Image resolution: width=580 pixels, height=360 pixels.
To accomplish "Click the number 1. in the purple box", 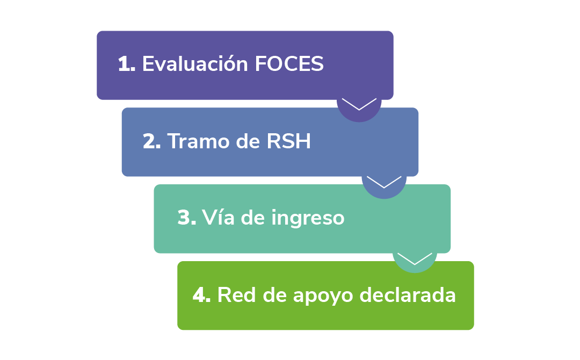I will point(127,64).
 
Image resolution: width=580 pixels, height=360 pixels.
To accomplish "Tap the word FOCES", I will point(289,64).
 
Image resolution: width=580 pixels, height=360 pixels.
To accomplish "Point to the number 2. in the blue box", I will point(152,141).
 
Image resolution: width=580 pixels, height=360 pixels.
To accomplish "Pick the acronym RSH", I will point(289,141).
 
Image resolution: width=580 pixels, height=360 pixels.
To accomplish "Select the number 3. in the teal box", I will point(186,218).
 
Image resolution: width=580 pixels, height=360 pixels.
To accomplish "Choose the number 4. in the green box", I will point(201,295).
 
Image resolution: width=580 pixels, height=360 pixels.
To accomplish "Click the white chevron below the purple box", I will point(359,104).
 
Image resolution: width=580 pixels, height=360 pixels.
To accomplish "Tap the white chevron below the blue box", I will point(384,181).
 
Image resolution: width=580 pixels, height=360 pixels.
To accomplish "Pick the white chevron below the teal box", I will point(415,258).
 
